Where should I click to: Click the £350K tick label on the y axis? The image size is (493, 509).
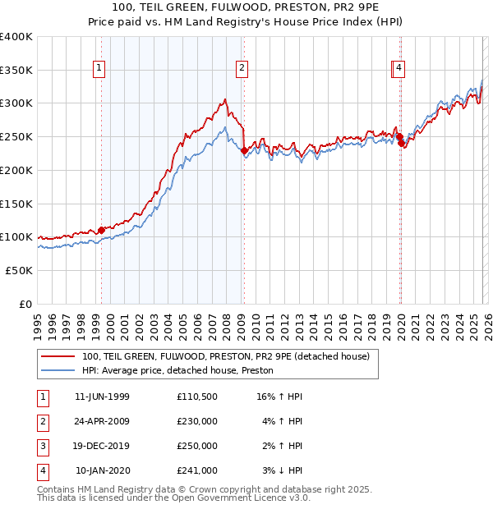coord(16,70)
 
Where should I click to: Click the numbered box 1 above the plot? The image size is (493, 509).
coord(99,68)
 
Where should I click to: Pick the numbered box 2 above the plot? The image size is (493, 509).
coord(242,68)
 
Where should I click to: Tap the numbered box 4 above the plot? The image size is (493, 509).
coord(399,68)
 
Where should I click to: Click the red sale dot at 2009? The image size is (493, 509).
coord(244,150)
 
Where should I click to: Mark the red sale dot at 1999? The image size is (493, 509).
coord(101,230)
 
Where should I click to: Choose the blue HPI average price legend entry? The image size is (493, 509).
coord(177,370)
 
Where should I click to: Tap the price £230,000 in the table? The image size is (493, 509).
coord(197,421)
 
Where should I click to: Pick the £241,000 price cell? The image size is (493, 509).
coord(197,470)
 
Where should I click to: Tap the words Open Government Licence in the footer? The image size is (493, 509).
coord(233,498)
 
